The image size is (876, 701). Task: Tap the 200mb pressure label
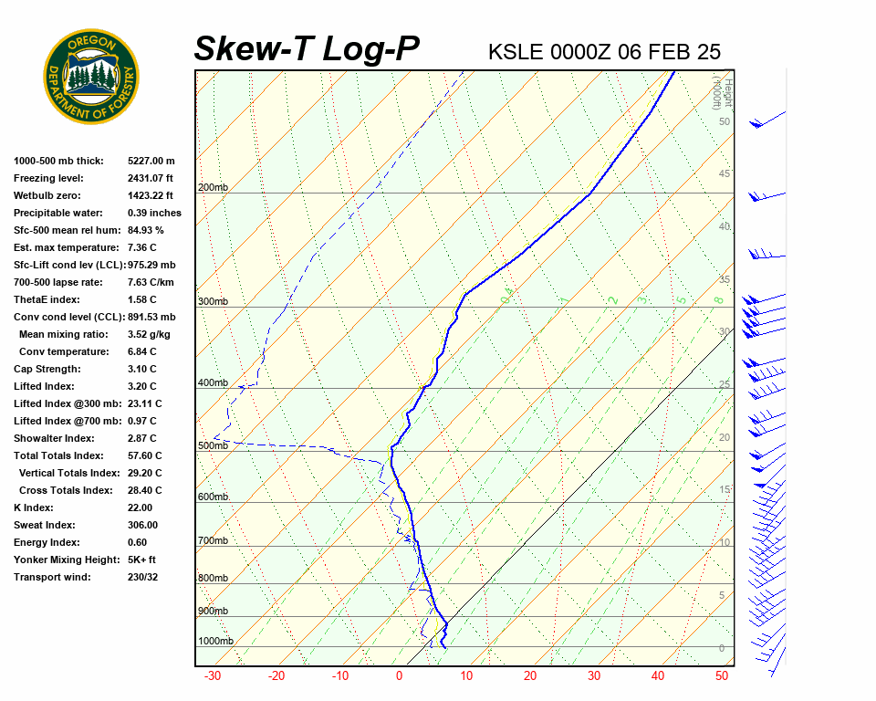click(213, 188)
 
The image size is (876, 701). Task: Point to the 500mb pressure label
click(213, 446)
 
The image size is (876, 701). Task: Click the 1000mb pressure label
click(215, 641)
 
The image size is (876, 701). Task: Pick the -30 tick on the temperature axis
click(213, 676)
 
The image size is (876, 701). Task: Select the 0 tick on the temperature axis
click(399, 676)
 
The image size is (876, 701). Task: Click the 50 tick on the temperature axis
click(721, 676)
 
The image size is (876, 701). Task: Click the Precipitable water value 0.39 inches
click(154, 214)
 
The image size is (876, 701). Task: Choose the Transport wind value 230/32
click(143, 578)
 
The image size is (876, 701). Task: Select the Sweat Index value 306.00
click(142, 526)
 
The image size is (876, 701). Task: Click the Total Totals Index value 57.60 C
click(144, 456)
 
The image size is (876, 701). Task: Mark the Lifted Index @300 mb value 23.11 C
click(144, 404)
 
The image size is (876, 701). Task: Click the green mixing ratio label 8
click(718, 300)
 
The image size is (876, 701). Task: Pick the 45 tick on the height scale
click(725, 174)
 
